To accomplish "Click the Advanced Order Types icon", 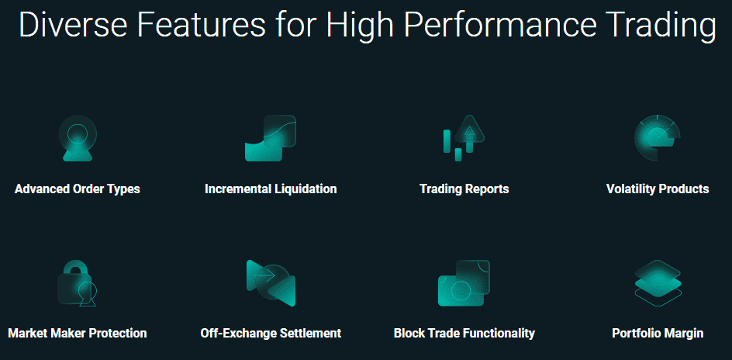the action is (78, 138).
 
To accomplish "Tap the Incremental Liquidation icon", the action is (271, 138).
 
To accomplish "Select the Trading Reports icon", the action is (464, 138).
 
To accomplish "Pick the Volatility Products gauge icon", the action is (658, 138).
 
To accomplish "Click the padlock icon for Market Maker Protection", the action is (77, 283).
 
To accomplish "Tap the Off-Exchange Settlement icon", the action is (271, 283).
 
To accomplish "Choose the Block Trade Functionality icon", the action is (464, 283).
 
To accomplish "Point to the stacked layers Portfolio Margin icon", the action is (658, 283).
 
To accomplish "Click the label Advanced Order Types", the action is (78, 189).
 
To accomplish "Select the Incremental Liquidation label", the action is (271, 189).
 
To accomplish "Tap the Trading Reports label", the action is (464, 189).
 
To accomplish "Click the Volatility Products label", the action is (658, 189).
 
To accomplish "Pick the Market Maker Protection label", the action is (78, 334).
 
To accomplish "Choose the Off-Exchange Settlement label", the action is (271, 334).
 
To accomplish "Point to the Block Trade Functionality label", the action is (464, 334).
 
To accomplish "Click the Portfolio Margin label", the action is (658, 334).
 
